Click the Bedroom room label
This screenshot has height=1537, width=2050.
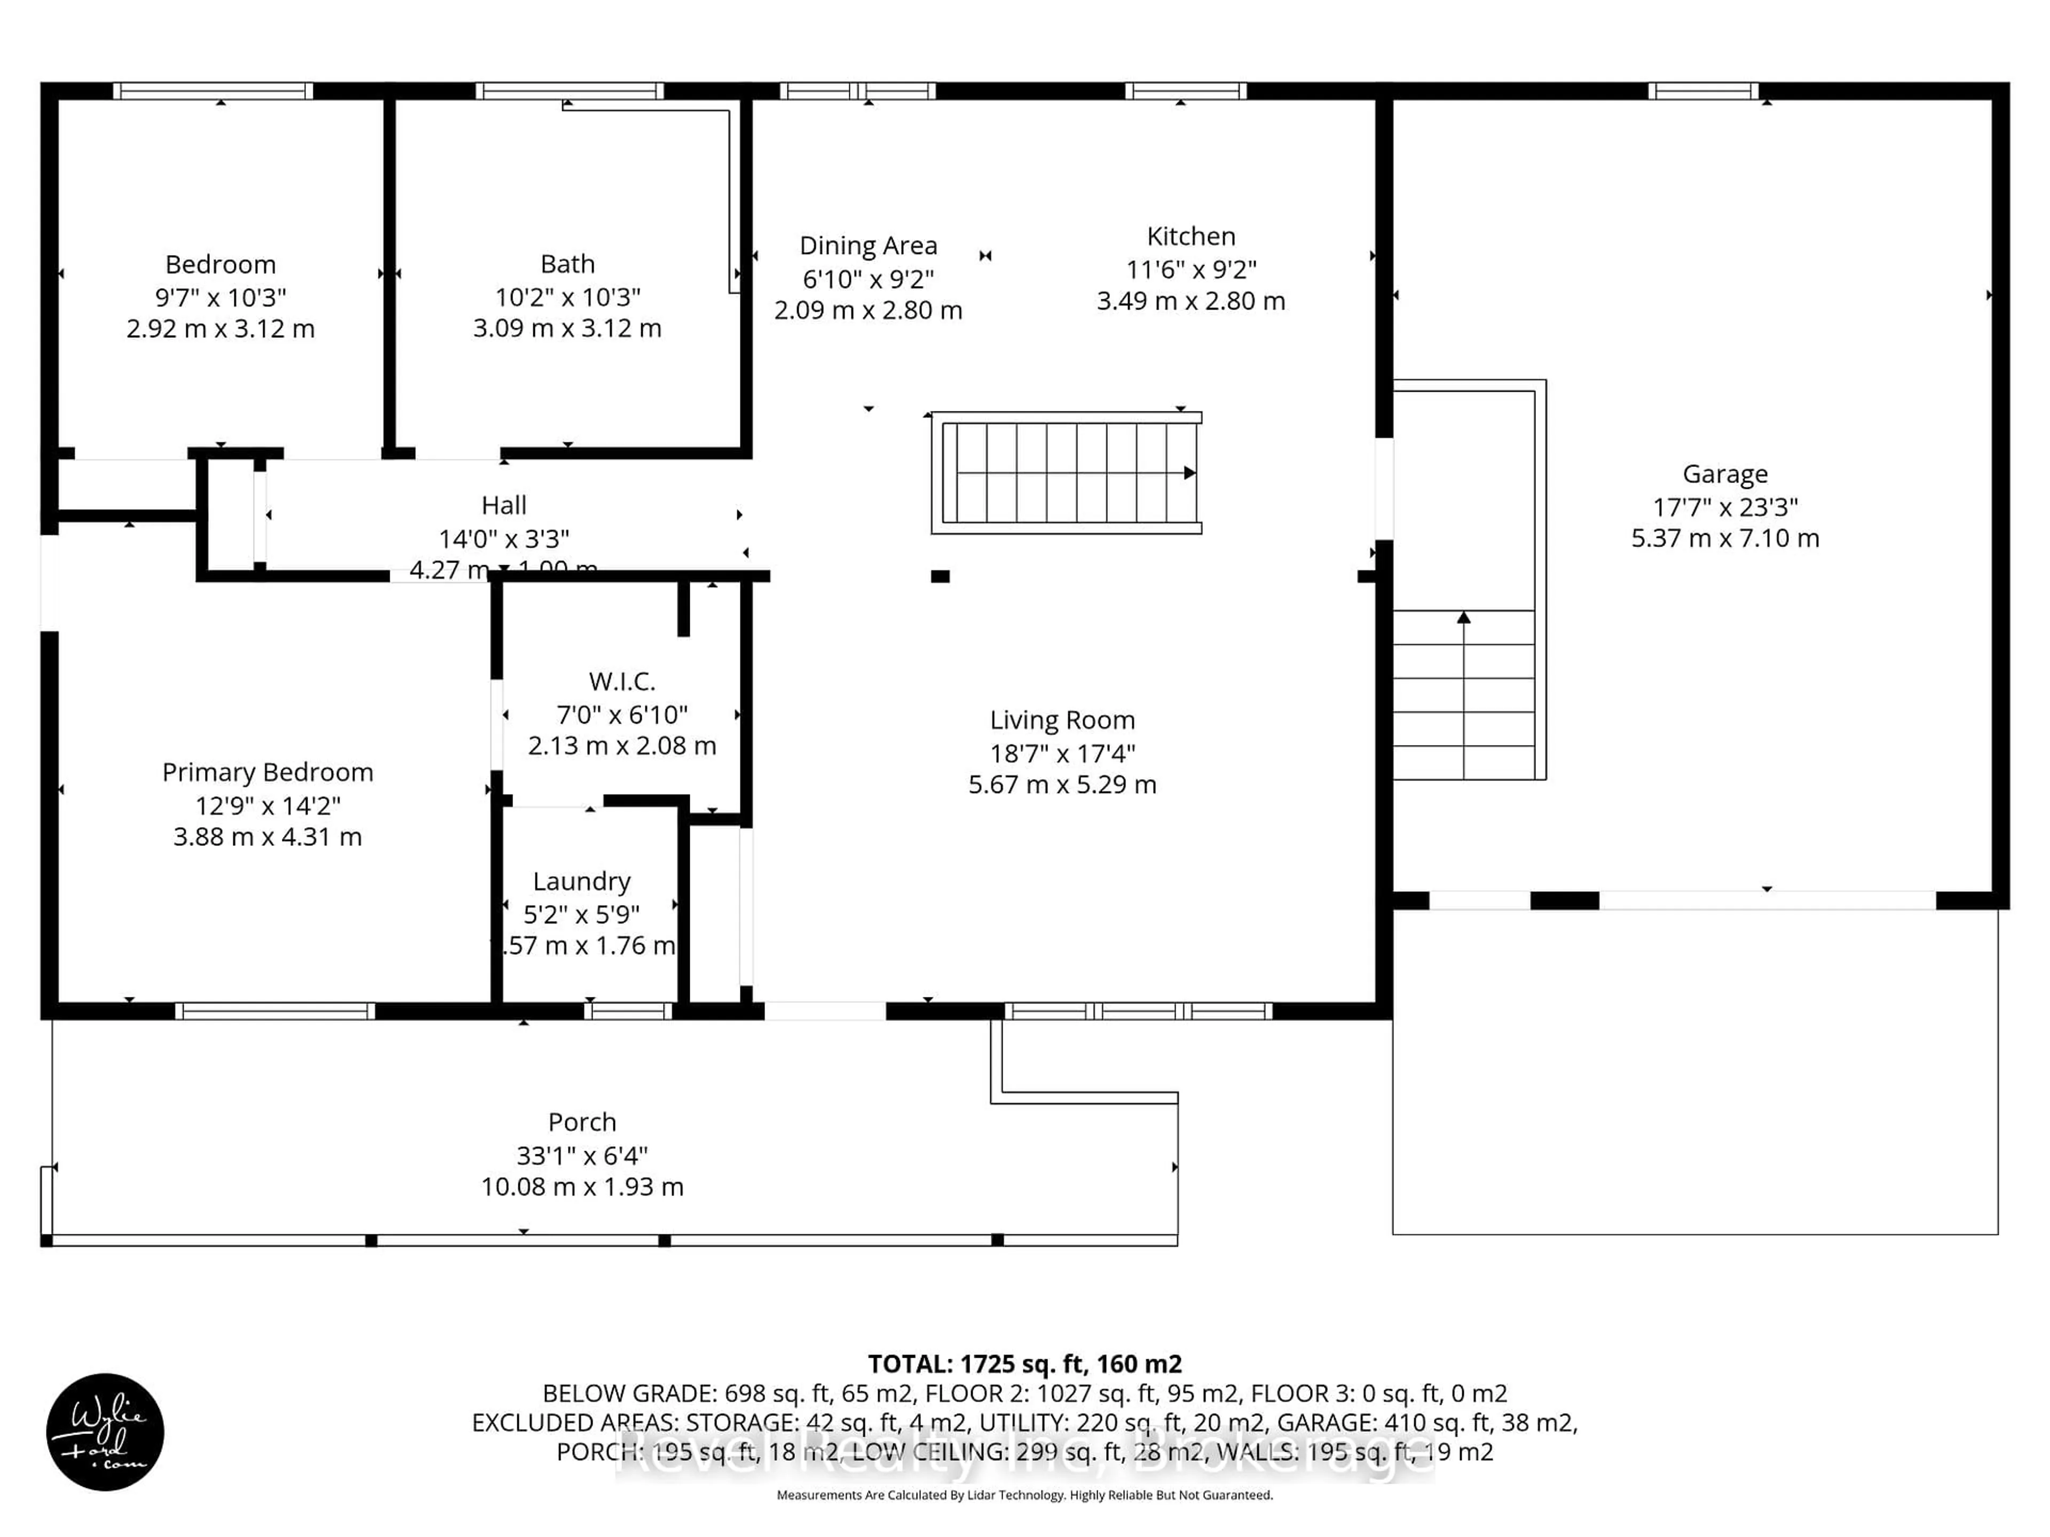coord(220,265)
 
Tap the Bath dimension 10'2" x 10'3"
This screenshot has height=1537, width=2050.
coord(567,297)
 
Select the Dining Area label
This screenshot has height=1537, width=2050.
coord(869,245)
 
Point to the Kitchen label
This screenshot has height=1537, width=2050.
coord(1191,236)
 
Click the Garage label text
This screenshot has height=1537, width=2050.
coord(1725,474)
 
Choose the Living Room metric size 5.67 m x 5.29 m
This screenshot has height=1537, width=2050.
coord(1062,785)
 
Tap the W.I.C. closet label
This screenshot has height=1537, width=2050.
coord(622,682)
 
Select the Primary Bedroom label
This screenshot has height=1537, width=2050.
coord(268,773)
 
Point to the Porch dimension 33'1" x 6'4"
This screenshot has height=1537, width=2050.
coord(582,1155)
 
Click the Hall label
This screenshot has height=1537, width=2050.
coord(503,506)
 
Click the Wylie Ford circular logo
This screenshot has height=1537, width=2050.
coord(106,1431)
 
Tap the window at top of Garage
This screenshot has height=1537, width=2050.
coord(1704,91)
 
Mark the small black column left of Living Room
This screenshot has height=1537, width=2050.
coord(940,576)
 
